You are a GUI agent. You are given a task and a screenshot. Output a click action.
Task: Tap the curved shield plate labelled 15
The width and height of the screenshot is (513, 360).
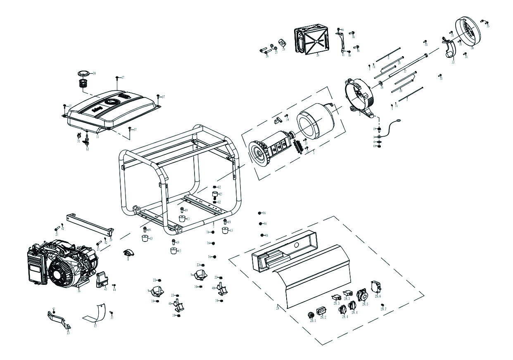coord(96,315)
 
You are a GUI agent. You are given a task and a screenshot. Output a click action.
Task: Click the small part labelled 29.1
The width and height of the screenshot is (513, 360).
coord(311,315)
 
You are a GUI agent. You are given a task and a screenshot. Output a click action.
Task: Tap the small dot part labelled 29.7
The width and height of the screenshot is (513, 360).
coord(382,305)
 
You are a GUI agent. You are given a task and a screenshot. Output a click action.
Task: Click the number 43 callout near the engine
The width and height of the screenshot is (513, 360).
coord(106,289)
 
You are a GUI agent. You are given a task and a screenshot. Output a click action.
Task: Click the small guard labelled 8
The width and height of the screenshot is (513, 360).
coord(128,253)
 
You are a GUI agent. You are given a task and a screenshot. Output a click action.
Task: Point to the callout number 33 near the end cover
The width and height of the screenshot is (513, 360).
coord(453,62)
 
